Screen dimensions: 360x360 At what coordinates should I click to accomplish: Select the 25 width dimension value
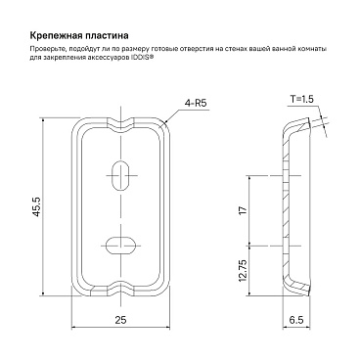tap(120, 320)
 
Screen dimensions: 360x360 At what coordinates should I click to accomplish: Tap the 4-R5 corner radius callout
tap(196, 104)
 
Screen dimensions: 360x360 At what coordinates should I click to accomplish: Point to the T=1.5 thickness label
tap(302, 99)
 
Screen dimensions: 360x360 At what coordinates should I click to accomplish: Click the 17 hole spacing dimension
tap(244, 208)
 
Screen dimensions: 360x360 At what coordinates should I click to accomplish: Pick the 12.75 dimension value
tap(244, 271)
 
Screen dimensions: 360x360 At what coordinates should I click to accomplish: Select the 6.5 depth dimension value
tap(296, 320)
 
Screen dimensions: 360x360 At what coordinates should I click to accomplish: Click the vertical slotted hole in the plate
tap(121, 174)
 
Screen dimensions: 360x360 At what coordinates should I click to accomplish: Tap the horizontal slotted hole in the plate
tap(121, 245)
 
